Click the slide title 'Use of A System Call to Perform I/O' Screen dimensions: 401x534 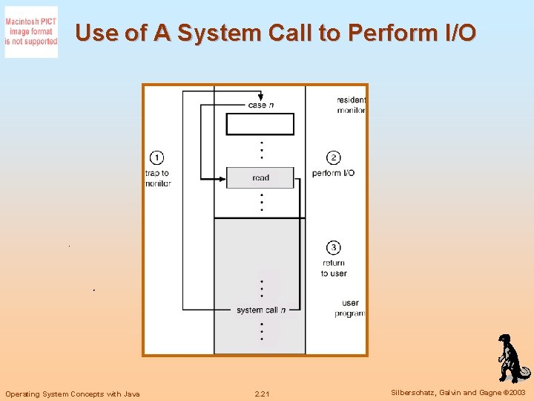(x=276, y=33)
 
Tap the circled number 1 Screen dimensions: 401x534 (x=156, y=157)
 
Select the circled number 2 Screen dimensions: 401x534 (x=334, y=157)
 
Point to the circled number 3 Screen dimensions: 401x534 (x=334, y=247)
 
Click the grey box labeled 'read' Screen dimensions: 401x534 (x=260, y=177)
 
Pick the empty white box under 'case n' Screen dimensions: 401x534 (x=260, y=124)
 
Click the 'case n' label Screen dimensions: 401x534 (x=260, y=105)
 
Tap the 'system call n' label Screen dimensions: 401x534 (x=260, y=310)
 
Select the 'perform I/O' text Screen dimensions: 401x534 (x=333, y=173)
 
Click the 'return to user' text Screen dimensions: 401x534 (x=334, y=268)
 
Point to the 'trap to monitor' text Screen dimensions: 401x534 (x=157, y=178)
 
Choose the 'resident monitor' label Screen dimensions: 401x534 (x=351, y=105)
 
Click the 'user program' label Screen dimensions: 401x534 (x=350, y=308)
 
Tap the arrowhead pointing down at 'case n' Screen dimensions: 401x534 (x=260, y=97)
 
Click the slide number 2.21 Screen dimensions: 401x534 (x=262, y=394)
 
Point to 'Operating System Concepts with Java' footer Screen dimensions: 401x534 (x=72, y=394)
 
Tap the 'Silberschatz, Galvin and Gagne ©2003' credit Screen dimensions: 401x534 (x=458, y=393)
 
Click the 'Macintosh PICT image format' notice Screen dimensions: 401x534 (x=31, y=32)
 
